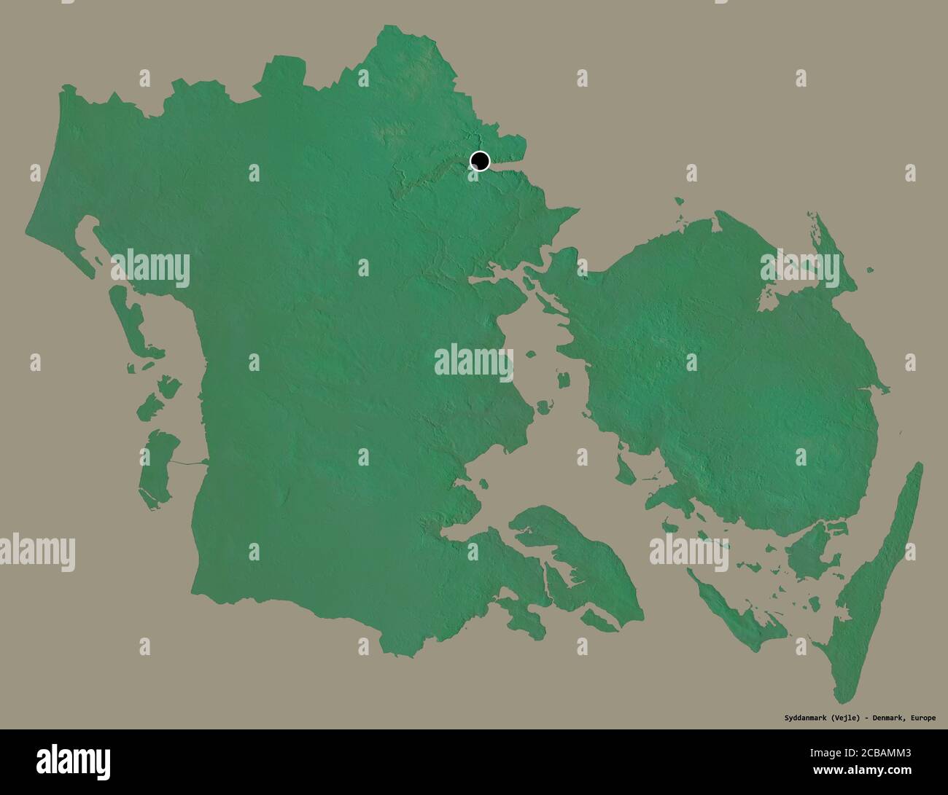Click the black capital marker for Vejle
click(480, 160)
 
